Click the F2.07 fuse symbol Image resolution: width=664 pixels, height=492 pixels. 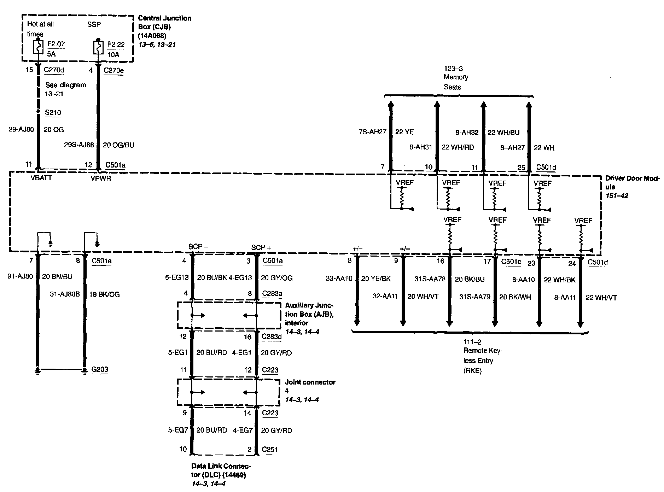click(x=38, y=47)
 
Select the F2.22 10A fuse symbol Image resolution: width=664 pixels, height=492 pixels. click(x=98, y=47)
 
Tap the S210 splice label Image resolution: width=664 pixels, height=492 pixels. click(x=53, y=113)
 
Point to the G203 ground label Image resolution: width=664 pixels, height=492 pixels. click(x=100, y=369)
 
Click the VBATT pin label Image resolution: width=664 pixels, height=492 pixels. click(x=41, y=178)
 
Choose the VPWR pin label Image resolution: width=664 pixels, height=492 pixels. click(x=101, y=178)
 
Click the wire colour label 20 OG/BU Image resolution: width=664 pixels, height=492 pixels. click(x=118, y=145)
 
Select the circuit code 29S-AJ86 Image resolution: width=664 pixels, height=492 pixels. click(x=79, y=145)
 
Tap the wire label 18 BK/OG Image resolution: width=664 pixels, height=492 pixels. click(x=104, y=294)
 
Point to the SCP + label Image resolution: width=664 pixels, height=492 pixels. click(x=261, y=247)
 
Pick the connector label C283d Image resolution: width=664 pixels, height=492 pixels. click(x=272, y=337)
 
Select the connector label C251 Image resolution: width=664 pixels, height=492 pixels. click(x=270, y=450)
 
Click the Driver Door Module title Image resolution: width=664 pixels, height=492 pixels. click(x=632, y=182)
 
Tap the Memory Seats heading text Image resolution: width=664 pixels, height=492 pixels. click(x=456, y=82)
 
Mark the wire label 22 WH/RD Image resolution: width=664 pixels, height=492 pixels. click(x=458, y=147)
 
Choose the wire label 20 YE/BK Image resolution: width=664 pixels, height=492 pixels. click(x=376, y=279)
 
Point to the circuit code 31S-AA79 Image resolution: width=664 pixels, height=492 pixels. click(x=474, y=297)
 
